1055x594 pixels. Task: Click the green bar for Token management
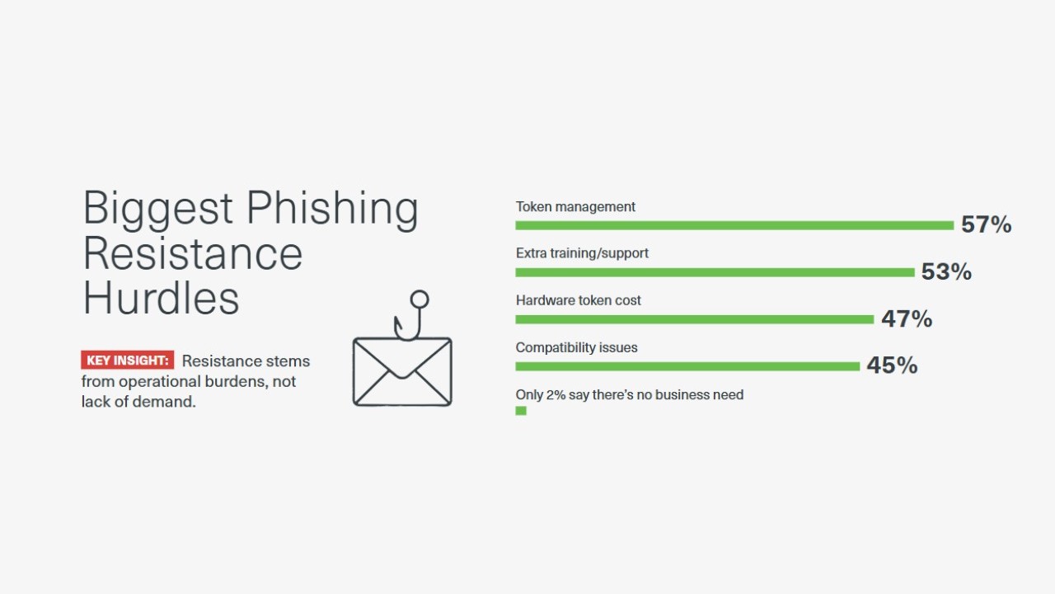click(x=734, y=225)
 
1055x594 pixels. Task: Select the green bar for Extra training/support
click(x=715, y=272)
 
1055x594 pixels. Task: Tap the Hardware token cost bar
click(x=695, y=319)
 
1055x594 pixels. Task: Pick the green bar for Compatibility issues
click(x=687, y=366)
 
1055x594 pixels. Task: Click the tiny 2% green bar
click(x=521, y=411)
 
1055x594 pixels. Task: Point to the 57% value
click(x=987, y=224)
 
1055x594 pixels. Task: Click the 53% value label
click(x=946, y=271)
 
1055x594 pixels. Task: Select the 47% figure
click(x=907, y=318)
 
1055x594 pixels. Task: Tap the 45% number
click(x=892, y=365)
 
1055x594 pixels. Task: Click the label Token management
click(x=575, y=206)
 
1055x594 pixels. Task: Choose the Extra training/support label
click(x=582, y=253)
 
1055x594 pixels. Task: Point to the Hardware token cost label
click(x=579, y=300)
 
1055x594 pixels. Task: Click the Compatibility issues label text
click(x=576, y=347)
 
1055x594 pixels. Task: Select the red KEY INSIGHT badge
click(x=127, y=361)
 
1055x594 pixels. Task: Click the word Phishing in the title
click(x=332, y=210)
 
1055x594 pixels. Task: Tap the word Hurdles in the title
click(x=162, y=298)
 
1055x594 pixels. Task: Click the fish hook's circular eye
click(x=420, y=299)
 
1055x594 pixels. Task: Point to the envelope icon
click(x=402, y=371)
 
